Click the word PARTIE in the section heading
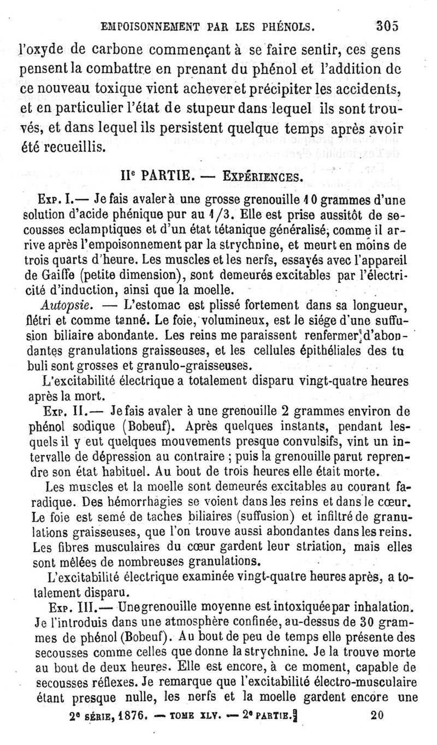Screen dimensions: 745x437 pos(164,177)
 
